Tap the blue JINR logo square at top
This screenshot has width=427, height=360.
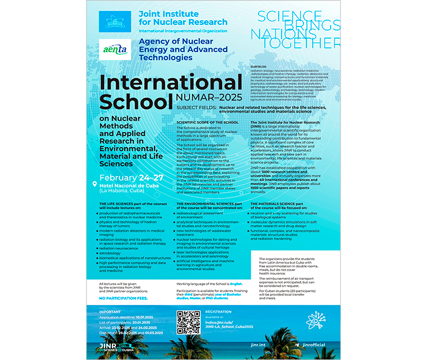pos(114,21)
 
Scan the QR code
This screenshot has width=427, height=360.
pos(188,322)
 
